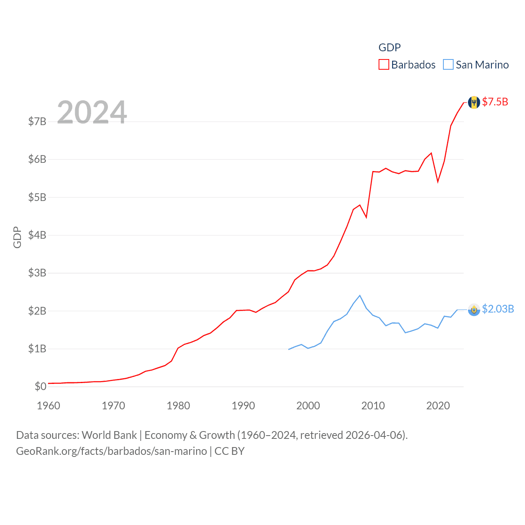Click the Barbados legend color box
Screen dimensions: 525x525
pos(383,65)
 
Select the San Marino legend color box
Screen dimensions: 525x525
pos(448,65)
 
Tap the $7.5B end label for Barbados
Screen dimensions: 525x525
pos(495,102)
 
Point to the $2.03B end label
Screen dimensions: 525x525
pos(498,309)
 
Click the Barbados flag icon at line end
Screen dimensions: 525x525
pos(474,103)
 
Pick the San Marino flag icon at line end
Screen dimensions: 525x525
pos(474,310)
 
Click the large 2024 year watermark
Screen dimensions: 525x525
pos(92,112)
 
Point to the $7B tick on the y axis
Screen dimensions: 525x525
pos(37,121)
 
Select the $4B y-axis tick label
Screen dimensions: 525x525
pos(37,235)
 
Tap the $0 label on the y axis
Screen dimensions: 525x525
pos(40,386)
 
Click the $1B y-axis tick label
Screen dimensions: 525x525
pos(37,349)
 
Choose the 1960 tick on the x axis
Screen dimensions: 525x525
pos(48,406)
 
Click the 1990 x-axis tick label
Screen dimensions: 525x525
pos(243,406)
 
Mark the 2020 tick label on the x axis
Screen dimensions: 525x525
pos(438,406)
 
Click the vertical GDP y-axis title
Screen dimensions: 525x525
pos(17,237)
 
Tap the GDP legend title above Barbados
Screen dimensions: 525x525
pos(389,48)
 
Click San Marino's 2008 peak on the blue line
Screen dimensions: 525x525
pos(360,295)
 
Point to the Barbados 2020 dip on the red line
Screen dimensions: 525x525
pos(438,181)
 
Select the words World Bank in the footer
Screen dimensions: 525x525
pos(109,435)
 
